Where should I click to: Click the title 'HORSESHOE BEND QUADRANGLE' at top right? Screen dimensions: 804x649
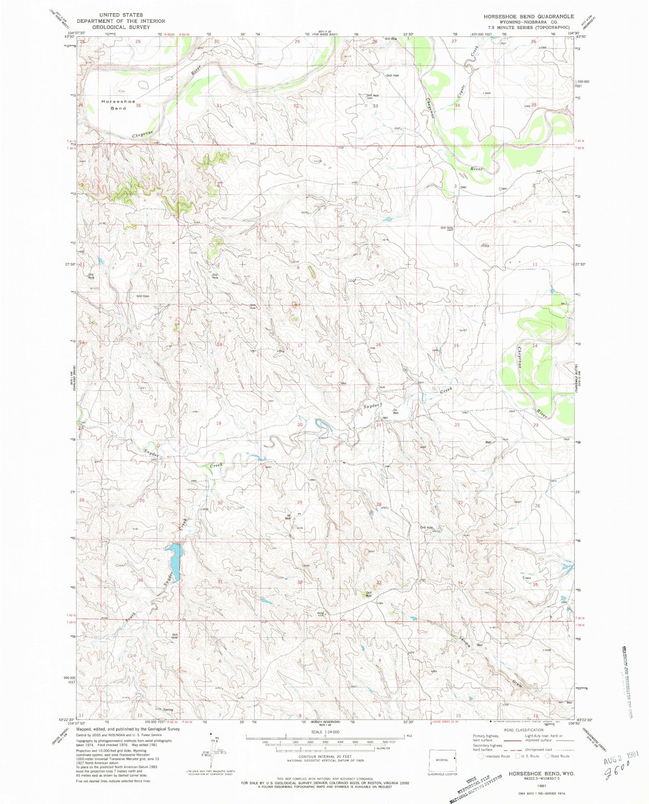tap(529, 16)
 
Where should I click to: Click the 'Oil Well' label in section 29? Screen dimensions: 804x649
tap(288, 517)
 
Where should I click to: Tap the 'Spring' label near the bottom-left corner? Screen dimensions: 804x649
tap(168, 710)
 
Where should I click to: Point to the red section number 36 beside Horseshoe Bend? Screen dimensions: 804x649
tap(138, 106)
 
